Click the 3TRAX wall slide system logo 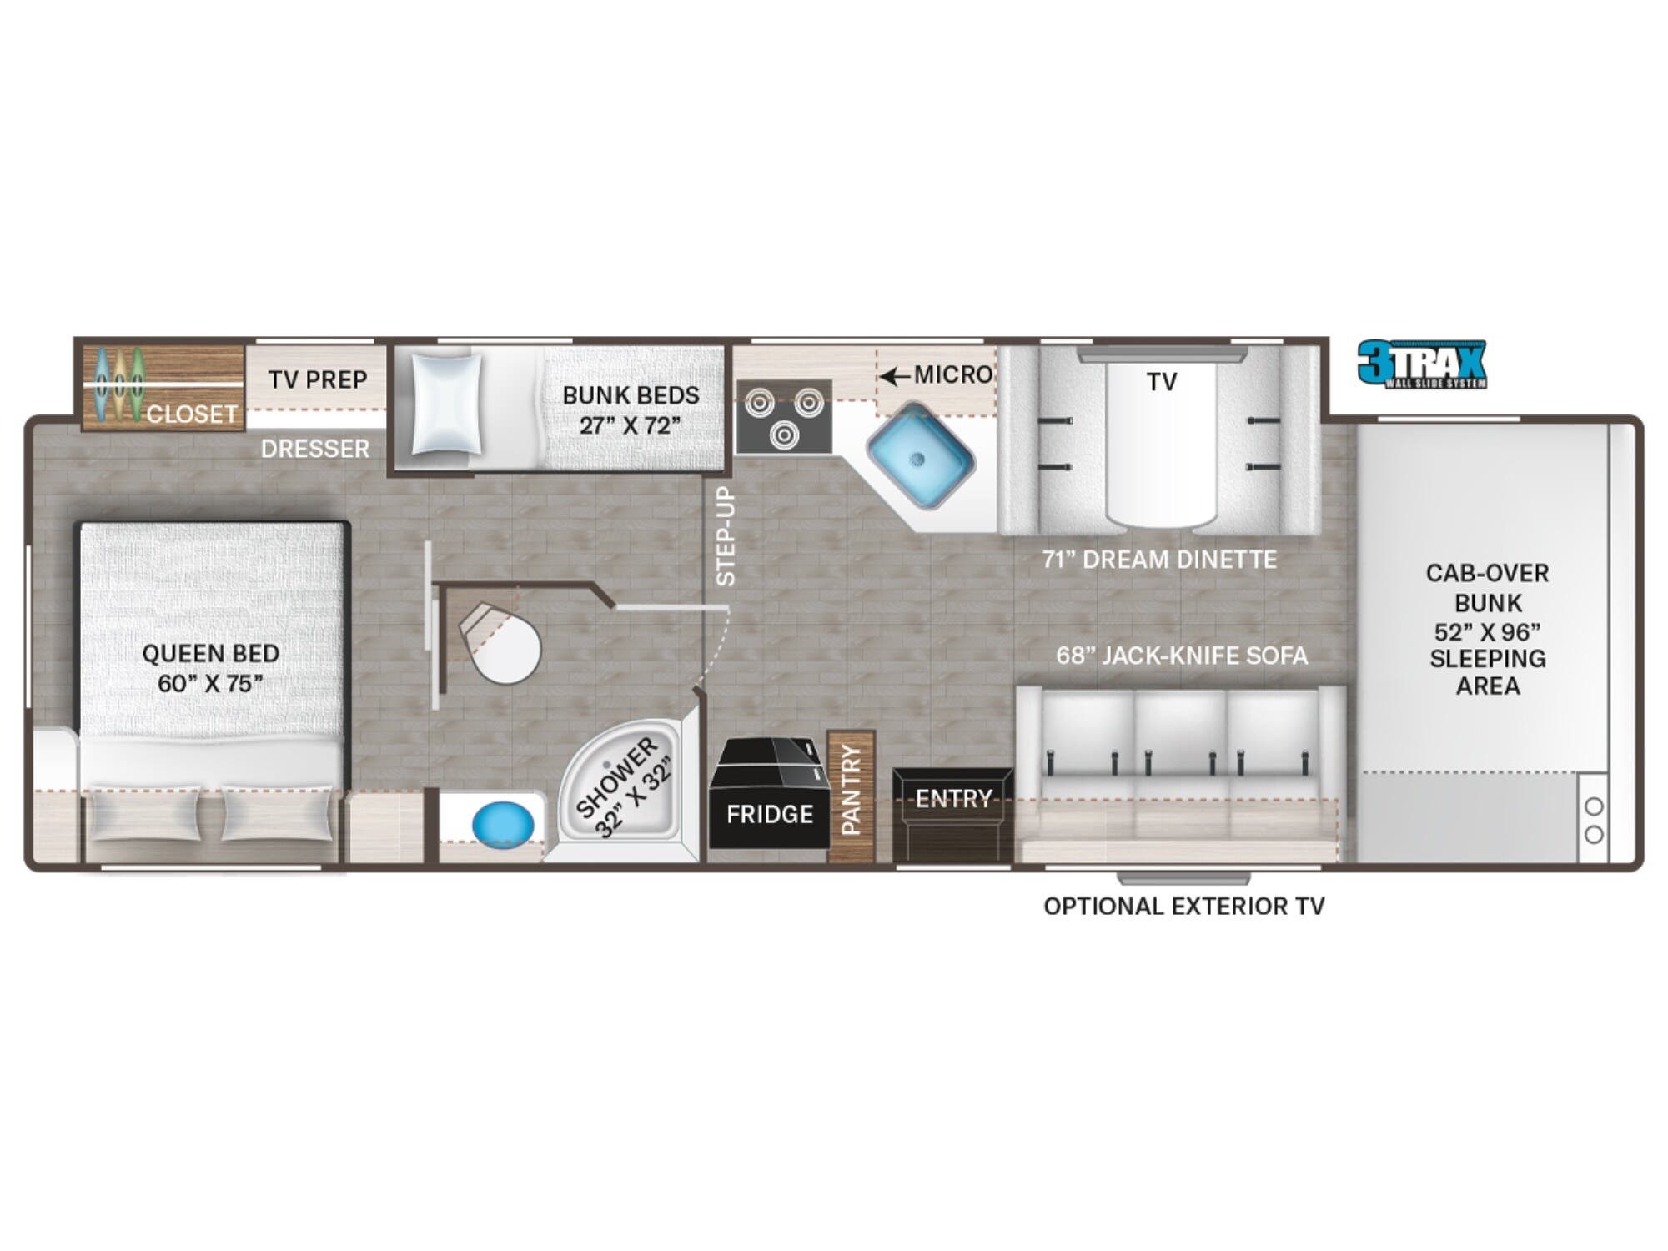point(1421,364)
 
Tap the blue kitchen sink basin point(920,455)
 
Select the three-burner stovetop point(784,417)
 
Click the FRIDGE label point(769,814)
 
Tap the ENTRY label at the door point(953,799)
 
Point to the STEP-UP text point(726,536)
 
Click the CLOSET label point(192,414)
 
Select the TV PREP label point(318,380)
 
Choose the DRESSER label point(314,449)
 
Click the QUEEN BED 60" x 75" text point(210,668)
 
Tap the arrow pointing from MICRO point(894,376)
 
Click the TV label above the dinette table point(1161,382)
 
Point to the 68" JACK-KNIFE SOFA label point(1182,656)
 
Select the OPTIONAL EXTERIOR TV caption point(1183,907)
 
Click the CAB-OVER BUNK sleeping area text point(1487,629)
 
